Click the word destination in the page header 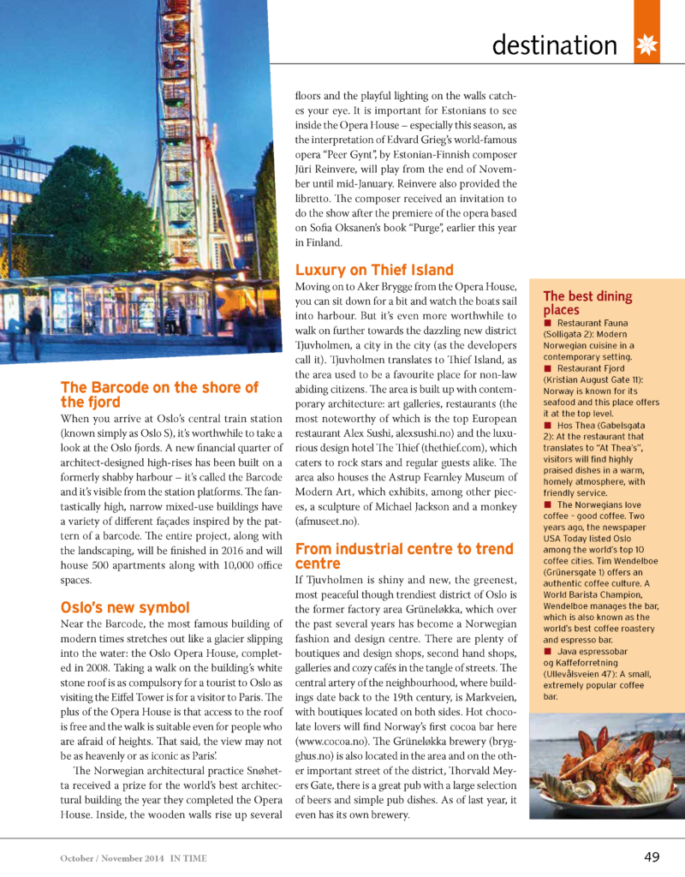pyautogui.click(x=555, y=45)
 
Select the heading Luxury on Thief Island pyautogui.click(x=374, y=271)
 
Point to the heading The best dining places pyautogui.click(x=587, y=303)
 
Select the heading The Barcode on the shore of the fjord pyautogui.click(x=159, y=395)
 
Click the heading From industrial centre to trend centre pyautogui.click(x=404, y=556)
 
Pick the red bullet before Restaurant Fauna pyautogui.click(x=548, y=324)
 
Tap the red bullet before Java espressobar pyautogui.click(x=548, y=652)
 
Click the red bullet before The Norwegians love pyautogui.click(x=548, y=505)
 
